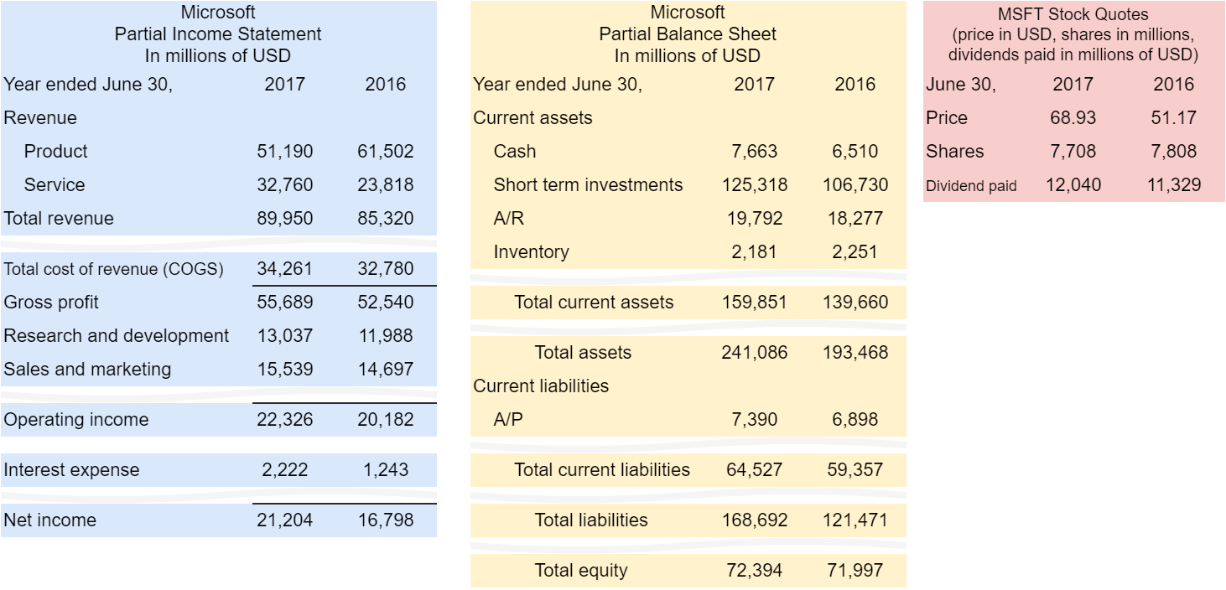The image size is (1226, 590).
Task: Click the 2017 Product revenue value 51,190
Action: click(284, 152)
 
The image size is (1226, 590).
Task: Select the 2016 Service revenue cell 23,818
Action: click(385, 185)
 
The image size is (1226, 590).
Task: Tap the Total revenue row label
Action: click(59, 219)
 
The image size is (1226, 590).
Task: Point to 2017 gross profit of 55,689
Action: click(284, 303)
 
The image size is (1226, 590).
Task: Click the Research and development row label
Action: click(116, 336)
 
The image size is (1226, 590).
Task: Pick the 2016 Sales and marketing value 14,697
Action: click(385, 370)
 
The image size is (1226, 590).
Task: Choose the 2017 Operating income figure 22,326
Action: click(284, 420)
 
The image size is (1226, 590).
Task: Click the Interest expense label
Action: click(71, 470)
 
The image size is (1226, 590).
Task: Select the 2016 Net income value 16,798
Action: click(385, 520)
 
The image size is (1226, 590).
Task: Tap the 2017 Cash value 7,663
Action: click(754, 152)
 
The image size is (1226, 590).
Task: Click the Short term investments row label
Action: click(588, 185)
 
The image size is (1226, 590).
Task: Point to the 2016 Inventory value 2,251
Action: click(855, 252)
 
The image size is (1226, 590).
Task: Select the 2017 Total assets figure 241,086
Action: click(754, 353)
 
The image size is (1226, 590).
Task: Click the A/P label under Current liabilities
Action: click(508, 420)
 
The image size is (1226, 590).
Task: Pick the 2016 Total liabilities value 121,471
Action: click(855, 520)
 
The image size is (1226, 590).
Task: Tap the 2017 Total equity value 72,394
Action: click(754, 571)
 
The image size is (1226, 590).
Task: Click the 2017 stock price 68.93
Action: click(1073, 118)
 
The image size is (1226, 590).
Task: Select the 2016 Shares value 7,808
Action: click(1173, 152)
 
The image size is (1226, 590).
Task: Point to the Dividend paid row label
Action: click(971, 186)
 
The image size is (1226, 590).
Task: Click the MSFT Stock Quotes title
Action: click(1073, 15)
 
